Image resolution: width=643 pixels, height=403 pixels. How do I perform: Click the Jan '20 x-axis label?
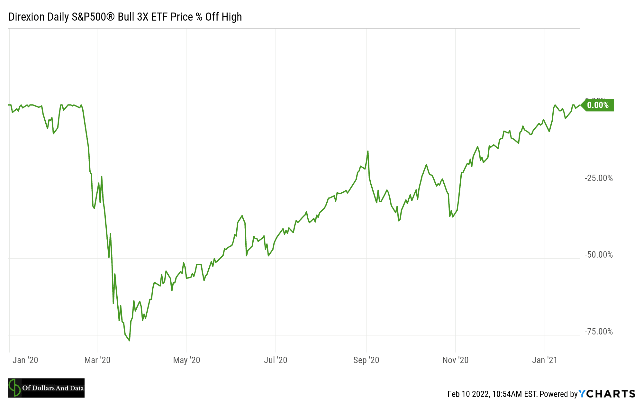coord(25,360)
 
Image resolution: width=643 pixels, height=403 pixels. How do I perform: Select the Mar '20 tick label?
coord(97,360)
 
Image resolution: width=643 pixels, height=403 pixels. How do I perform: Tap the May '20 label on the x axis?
coord(186,360)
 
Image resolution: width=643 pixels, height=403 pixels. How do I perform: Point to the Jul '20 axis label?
coord(276,360)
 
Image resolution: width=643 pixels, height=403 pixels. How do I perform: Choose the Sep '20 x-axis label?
coord(366,360)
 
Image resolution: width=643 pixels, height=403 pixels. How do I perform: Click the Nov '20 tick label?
coord(455,360)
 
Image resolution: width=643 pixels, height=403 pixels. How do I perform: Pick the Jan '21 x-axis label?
coord(545,360)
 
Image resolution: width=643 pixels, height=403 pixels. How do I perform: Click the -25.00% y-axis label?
coord(599,178)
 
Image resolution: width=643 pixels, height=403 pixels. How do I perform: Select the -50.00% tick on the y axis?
coord(599,255)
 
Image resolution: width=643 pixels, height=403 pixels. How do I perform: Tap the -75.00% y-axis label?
coord(599,332)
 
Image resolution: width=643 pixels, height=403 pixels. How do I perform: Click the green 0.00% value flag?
coord(598,105)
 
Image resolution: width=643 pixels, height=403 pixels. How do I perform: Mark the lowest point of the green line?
coord(129,341)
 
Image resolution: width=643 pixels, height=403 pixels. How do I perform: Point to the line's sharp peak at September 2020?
coord(368,151)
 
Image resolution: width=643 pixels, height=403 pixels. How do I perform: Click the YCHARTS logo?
coord(607,394)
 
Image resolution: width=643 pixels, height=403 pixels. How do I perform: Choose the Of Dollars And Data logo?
coord(46,388)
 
